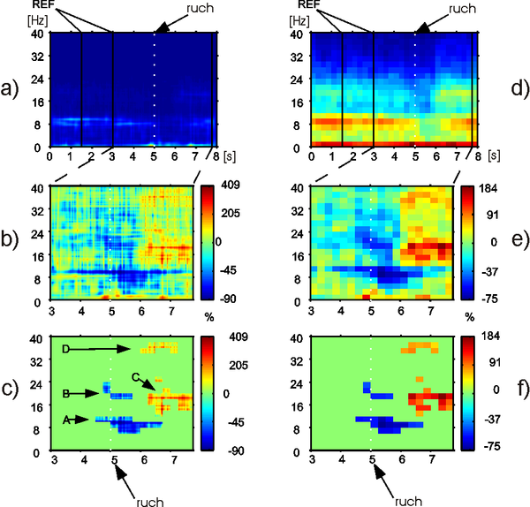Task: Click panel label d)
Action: [x=514, y=89]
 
